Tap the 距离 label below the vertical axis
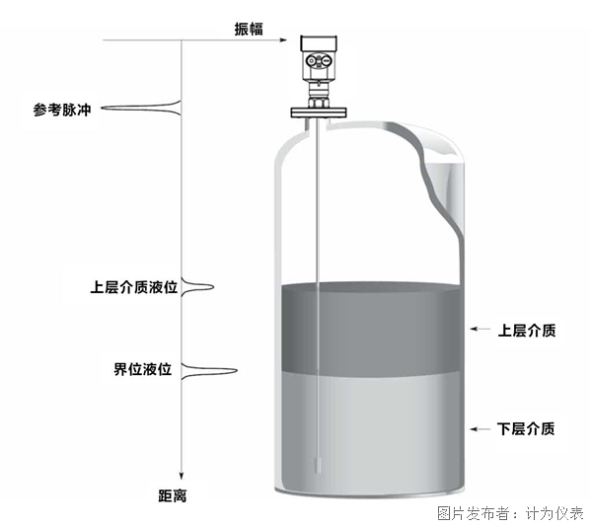[x=173, y=495]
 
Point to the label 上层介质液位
[x=133, y=288]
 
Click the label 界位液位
[x=143, y=370]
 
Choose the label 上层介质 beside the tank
[x=526, y=330]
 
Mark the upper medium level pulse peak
[x=211, y=288]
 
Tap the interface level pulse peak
[x=235, y=371]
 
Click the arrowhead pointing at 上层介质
[x=475, y=329]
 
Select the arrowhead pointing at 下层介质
[x=475, y=428]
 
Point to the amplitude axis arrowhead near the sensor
[x=290, y=40]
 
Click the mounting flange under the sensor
[x=317, y=112]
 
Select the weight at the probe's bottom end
[x=317, y=464]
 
